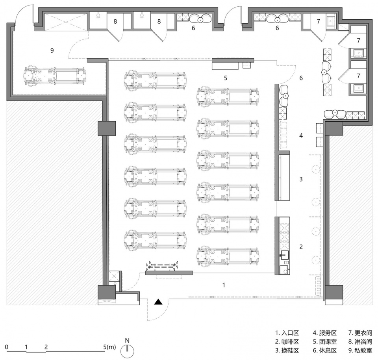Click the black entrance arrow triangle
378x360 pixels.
pyautogui.click(x=158, y=301)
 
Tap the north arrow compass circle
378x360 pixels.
pyautogui.click(x=127, y=351)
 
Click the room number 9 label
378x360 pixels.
pyautogui.click(x=52, y=51)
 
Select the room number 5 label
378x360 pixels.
pyautogui.click(x=226, y=78)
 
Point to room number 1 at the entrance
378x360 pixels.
pyautogui.click(x=224, y=285)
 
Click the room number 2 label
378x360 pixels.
pyautogui.click(x=301, y=247)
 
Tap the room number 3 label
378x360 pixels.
pyautogui.click(x=301, y=179)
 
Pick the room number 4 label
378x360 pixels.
pyautogui.click(x=301, y=136)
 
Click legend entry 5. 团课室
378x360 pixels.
pyautogui.click(x=325, y=341)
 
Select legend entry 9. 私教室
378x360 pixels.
pyautogui.click(x=360, y=351)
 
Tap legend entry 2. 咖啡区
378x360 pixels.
pyautogui.click(x=287, y=341)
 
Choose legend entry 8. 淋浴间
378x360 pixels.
pyautogui.click(x=360, y=341)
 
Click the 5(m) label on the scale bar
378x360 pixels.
pyautogui.click(x=109, y=347)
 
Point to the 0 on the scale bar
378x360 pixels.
pyautogui.click(x=7, y=347)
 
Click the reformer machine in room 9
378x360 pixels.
pyautogui.click(x=54, y=76)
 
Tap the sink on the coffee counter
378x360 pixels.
pyautogui.click(x=284, y=255)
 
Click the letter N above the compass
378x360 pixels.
pyautogui.click(x=127, y=340)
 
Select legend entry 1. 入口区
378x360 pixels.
pyautogui.click(x=287, y=333)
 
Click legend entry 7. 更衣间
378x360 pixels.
pyautogui.click(x=360, y=333)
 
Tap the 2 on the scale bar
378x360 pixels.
pyautogui.click(x=46, y=347)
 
